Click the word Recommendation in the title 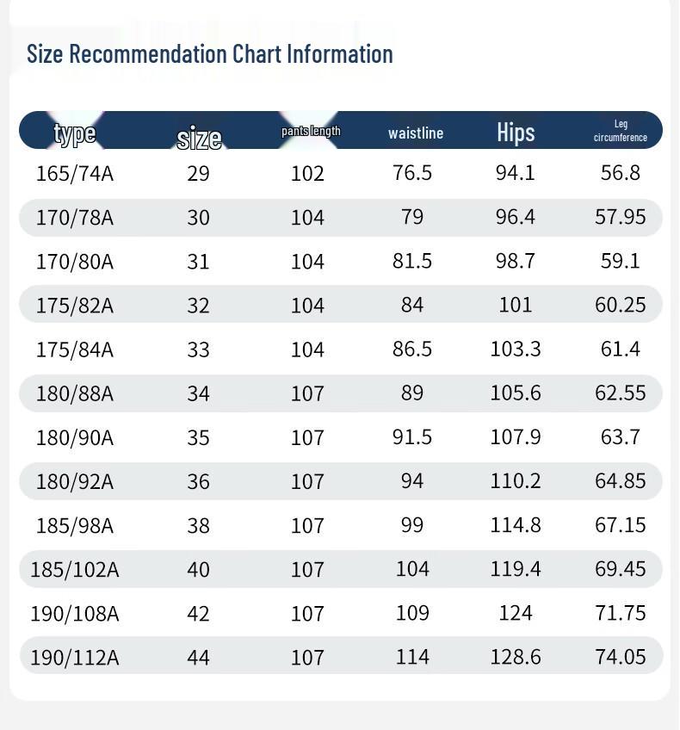click(150, 54)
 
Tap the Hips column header click(516, 132)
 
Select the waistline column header click(416, 133)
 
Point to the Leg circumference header click(620, 131)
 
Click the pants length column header click(311, 131)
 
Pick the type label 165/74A click(75, 173)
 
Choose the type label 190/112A click(75, 657)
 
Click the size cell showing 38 click(198, 525)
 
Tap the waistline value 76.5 click(412, 173)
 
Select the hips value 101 click(516, 305)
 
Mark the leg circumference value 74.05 click(620, 657)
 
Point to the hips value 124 click(516, 613)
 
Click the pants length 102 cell click(307, 173)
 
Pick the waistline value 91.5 click(412, 436)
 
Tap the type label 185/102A click(75, 569)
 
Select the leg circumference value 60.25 click(620, 305)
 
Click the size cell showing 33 click(198, 349)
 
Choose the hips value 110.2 click(516, 480)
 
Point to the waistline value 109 click(412, 613)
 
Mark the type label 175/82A click(75, 305)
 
